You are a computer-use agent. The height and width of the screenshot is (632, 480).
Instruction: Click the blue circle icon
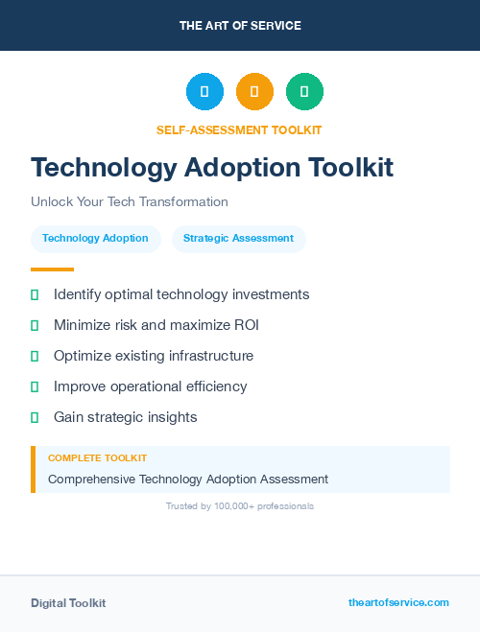[204, 92]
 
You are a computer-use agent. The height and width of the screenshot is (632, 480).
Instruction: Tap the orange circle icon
[254, 92]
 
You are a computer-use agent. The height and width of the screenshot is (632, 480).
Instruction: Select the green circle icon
[304, 92]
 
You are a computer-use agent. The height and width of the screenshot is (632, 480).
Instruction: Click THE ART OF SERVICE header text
[240, 26]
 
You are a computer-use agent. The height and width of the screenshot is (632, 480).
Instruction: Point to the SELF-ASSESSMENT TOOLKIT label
[239, 129]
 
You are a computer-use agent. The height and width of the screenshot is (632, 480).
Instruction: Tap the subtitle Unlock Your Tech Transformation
[130, 202]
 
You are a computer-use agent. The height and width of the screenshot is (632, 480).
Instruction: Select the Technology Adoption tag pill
[95, 239]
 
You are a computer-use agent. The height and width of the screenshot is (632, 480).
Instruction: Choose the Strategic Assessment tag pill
[238, 239]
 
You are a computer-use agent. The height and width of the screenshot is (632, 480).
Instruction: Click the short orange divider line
[52, 269]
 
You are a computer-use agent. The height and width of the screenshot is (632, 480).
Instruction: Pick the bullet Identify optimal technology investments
[181, 294]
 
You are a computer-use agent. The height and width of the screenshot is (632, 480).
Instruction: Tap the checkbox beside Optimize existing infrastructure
[35, 356]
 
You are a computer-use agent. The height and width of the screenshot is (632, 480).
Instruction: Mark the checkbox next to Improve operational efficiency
[35, 386]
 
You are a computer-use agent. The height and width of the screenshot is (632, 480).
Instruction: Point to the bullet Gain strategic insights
[125, 417]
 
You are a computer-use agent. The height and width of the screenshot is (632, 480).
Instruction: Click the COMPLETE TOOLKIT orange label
[97, 458]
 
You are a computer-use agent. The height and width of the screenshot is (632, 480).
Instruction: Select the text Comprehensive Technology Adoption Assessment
[188, 479]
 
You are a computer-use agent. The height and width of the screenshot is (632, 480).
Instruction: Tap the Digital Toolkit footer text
[68, 603]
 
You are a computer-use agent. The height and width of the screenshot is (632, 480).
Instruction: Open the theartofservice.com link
[398, 602]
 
